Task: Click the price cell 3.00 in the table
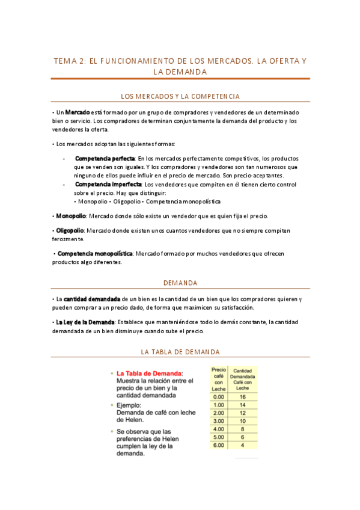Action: tap(219, 421)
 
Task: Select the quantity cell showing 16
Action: tap(242, 397)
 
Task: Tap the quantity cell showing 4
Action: tap(242, 445)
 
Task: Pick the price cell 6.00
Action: tap(219, 445)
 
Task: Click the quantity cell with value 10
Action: tap(242, 421)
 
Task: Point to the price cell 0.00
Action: tap(219, 397)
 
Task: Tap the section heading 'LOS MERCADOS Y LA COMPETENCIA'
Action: tap(180, 96)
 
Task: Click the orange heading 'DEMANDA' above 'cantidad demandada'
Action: tap(180, 283)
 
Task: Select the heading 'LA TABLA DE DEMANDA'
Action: tap(180, 352)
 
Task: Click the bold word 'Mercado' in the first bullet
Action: tap(77, 112)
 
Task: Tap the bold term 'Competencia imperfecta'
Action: tap(103, 185)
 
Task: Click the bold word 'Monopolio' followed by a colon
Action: tap(70, 216)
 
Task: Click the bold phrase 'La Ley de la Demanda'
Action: tap(85, 322)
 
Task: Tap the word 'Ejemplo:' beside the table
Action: tap(132, 405)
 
